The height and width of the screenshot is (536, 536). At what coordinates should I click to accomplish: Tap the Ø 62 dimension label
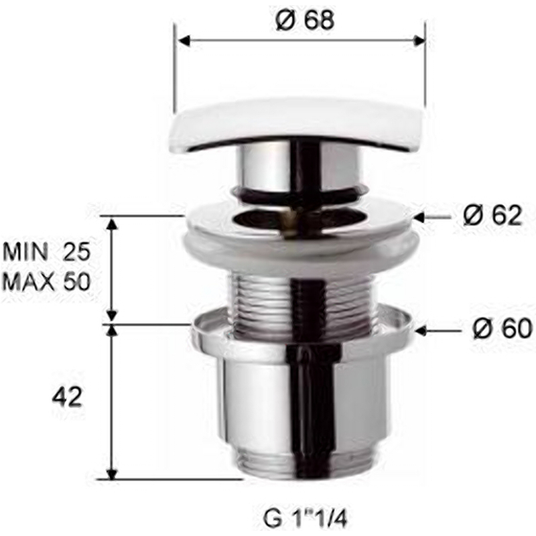pos(492,215)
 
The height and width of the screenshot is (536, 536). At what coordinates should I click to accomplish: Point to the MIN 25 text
pos(46,252)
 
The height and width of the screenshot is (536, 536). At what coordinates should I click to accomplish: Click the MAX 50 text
pos(46,281)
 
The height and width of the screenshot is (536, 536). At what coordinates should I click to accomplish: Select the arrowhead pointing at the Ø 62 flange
pos(421,216)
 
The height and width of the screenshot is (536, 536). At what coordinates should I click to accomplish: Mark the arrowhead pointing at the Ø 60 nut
pos(421,330)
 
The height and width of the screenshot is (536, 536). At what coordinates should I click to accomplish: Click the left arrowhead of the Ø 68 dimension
pos(183,41)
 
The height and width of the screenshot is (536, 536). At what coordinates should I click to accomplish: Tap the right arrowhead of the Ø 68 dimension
pos(418,41)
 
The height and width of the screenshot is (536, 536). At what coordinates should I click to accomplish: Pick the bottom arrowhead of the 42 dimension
pos(112,473)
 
